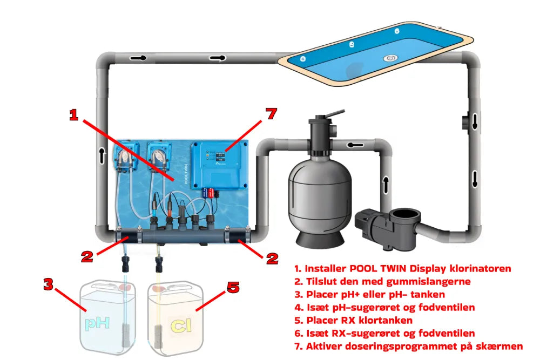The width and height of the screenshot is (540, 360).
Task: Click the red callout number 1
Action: coord(74,115)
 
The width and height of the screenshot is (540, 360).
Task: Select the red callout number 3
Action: coord(48,284)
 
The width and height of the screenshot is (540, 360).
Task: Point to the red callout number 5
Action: coord(233,287)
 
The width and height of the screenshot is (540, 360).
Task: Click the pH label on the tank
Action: coord(98,323)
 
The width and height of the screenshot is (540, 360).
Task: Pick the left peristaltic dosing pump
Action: coord(125,157)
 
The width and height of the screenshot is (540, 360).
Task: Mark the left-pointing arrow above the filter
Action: coord(354,145)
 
